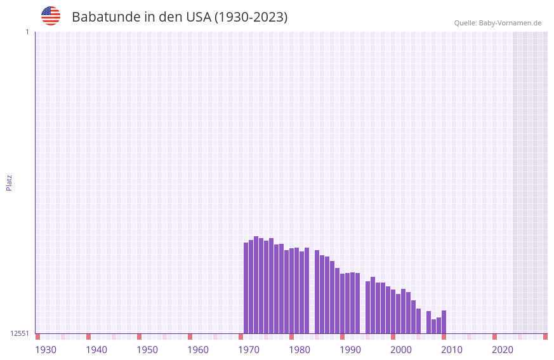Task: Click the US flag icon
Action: [x=51, y=16]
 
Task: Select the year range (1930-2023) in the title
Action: [x=251, y=17]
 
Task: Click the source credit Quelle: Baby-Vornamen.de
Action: [x=498, y=23]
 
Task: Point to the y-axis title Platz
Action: [x=9, y=182]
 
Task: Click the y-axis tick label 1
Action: [x=27, y=32]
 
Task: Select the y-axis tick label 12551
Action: [x=20, y=333]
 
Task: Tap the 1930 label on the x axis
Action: [x=46, y=350]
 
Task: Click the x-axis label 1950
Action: [x=147, y=350]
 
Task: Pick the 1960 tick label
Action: [x=198, y=350]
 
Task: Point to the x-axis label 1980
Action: [x=300, y=350]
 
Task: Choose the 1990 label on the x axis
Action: [x=350, y=350]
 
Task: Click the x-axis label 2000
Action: [x=401, y=350]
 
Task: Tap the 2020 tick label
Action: [x=503, y=350]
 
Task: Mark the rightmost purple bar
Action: [x=444, y=322]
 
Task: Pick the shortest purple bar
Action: [x=434, y=326]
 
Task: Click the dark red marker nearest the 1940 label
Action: [x=89, y=337]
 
